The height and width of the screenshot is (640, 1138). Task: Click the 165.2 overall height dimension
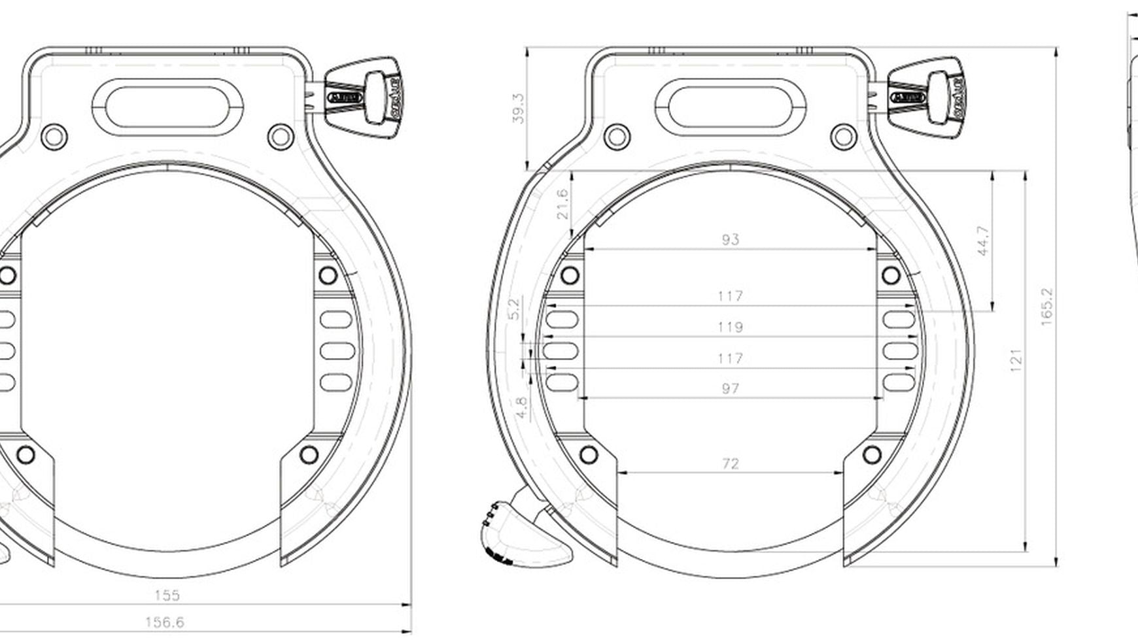pos(1046,307)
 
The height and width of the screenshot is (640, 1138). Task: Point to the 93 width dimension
pos(730,239)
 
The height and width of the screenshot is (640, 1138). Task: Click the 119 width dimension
pos(730,327)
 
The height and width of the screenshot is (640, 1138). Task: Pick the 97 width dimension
pos(730,388)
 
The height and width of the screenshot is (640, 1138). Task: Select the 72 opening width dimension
pos(730,463)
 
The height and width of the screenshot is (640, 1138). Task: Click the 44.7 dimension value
pos(982,241)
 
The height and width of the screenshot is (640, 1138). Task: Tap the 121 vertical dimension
pos(1015,360)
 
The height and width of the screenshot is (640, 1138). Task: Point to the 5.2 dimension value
pos(514,309)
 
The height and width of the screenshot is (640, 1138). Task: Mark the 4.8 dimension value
pos(521,408)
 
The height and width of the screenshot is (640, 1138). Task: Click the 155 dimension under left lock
pos(167,595)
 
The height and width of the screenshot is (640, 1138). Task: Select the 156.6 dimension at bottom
pos(164,622)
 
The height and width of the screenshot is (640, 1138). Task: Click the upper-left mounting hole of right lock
pos(617,137)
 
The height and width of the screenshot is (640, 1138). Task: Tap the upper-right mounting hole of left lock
pos(281,137)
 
